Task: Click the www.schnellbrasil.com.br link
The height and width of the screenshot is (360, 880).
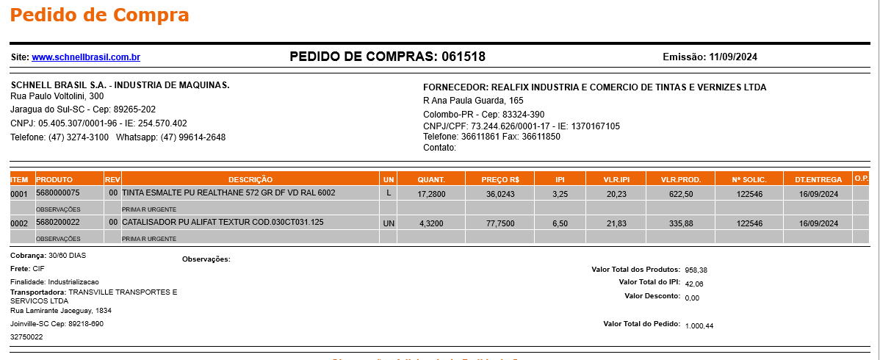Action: [86, 57]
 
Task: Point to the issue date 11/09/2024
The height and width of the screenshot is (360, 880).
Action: [733, 57]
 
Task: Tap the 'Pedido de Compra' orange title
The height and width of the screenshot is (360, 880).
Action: [100, 15]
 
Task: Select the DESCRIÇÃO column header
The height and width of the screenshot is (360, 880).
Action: [250, 179]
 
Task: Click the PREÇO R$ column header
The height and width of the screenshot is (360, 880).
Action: [500, 179]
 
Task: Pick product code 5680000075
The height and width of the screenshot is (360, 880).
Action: [57, 192]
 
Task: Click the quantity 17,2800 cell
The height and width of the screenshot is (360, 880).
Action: [431, 194]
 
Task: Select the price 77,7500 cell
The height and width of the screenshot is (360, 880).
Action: [500, 223]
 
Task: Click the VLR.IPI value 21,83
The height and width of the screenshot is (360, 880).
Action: [616, 223]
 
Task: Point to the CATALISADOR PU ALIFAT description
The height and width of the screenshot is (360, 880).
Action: [223, 223]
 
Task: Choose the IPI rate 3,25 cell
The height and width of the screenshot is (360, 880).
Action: [560, 194]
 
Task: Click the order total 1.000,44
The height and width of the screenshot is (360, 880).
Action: [699, 325]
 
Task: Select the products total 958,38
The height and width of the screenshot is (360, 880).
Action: [696, 270]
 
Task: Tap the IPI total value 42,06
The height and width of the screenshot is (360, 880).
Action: [694, 284]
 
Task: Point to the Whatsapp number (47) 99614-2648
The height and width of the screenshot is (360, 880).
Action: [193, 137]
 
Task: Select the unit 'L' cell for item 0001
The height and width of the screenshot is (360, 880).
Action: [389, 193]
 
